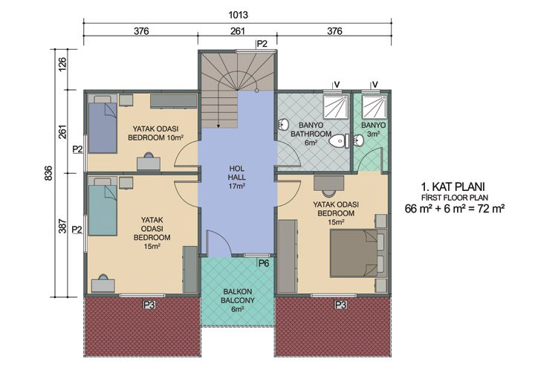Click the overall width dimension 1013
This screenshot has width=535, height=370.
[239, 14]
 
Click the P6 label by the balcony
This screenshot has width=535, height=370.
[263, 262]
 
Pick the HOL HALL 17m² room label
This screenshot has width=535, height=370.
[237, 178]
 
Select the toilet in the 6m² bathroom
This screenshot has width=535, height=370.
[340, 140]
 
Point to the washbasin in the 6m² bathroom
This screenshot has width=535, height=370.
[283, 125]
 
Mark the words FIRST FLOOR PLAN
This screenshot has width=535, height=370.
[454, 197]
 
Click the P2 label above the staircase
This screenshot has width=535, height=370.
[262, 44]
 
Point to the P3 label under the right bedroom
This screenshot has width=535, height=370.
[341, 305]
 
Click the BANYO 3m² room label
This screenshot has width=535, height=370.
[373, 130]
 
